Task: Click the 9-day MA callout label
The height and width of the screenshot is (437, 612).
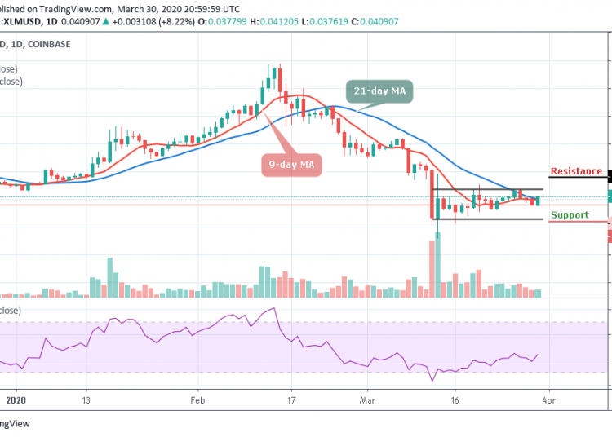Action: pyautogui.click(x=291, y=166)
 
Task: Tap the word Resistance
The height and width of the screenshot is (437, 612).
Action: pyautogui.click(x=576, y=172)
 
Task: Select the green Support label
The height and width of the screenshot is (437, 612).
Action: pyautogui.click(x=570, y=215)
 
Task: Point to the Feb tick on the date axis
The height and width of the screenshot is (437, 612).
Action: pyautogui.click(x=196, y=401)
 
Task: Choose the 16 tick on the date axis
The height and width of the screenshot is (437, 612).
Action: pyautogui.click(x=455, y=401)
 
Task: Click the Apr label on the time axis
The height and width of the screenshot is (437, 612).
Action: pyautogui.click(x=548, y=401)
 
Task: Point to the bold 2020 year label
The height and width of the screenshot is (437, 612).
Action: pyautogui.click(x=16, y=401)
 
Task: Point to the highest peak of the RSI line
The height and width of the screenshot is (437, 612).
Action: pyautogui.click(x=275, y=307)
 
